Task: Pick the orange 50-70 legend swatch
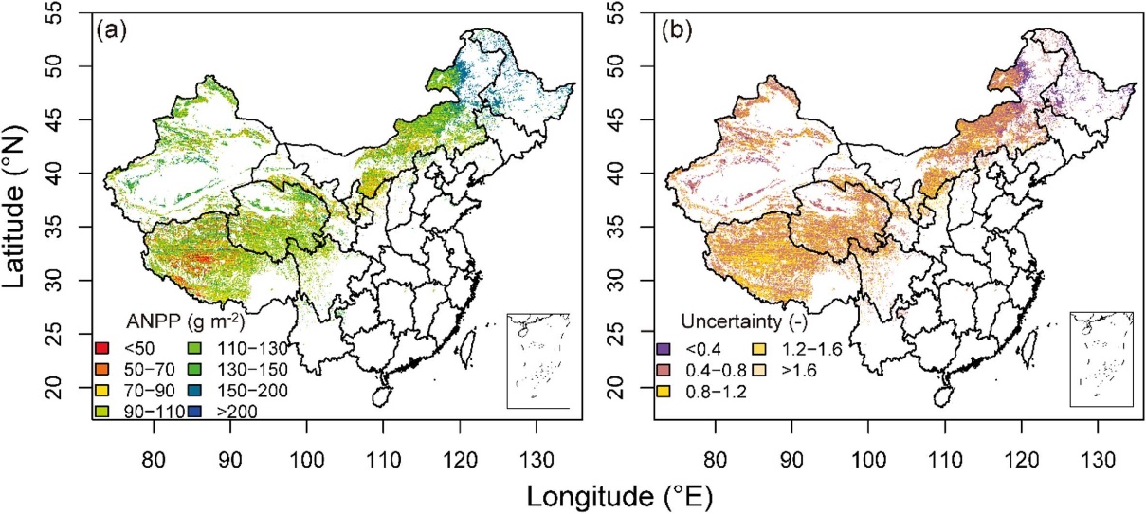101,368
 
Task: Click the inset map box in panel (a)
537,360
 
